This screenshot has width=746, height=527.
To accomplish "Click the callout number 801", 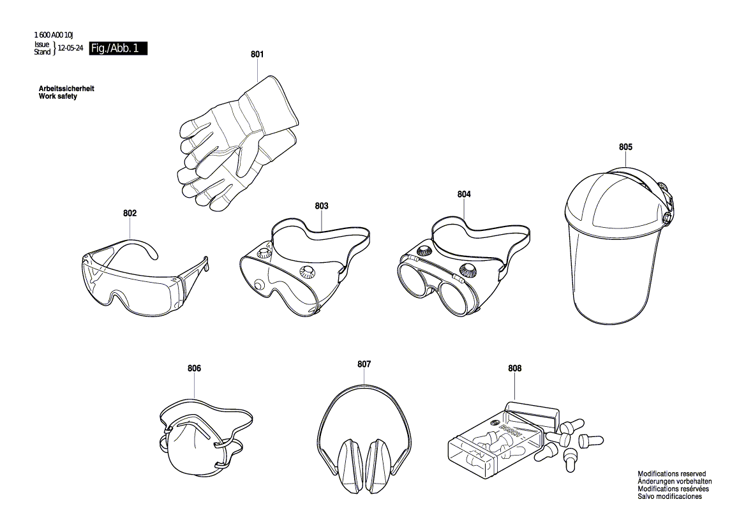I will coord(257,55).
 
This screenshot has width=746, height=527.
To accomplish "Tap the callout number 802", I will coord(130,213).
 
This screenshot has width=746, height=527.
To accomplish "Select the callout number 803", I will coord(322,206).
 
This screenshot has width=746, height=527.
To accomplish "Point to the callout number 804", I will coord(464,194).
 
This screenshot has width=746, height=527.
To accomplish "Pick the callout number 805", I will coord(625,147).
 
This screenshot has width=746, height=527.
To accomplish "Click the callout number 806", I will coord(195,368).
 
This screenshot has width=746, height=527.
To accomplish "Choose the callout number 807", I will coord(364,364).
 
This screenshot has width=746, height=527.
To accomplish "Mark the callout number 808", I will coord(515,368).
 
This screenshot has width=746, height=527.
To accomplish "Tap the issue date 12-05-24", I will coord(71,48).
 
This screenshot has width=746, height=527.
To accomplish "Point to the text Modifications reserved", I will coord(672,474).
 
